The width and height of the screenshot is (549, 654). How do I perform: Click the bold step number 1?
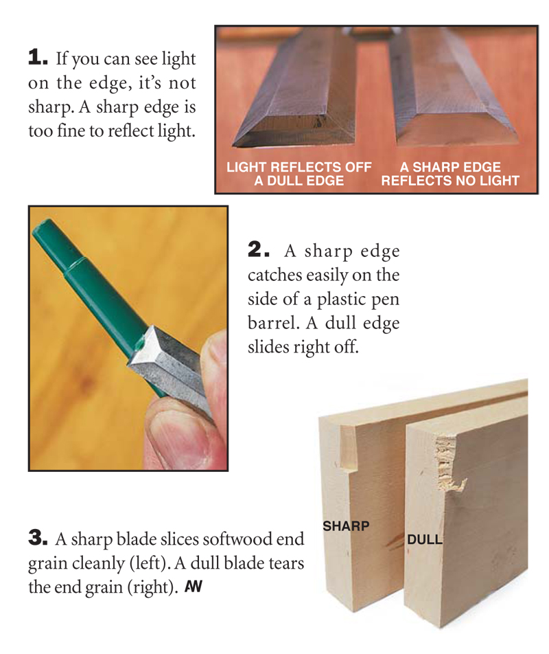click(x=38, y=57)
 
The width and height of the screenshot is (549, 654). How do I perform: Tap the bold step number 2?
click(x=258, y=249)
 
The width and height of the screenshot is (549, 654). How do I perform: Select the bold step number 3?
click(x=38, y=538)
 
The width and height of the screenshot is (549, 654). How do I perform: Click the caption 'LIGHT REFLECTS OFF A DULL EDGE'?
click(x=299, y=174)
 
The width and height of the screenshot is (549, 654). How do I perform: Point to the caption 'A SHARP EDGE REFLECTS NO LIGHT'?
click(x=450, y=174)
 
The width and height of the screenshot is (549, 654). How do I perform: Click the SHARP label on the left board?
click(x=346, y=526)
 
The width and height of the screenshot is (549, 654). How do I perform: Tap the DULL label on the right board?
click(x=425, y=539)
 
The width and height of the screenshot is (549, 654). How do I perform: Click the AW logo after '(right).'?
click(x=194, y=587)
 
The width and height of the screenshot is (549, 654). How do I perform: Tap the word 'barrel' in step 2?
click(x=273, y=322)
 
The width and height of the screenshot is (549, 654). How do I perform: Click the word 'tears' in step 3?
click(x=286, y=563)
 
